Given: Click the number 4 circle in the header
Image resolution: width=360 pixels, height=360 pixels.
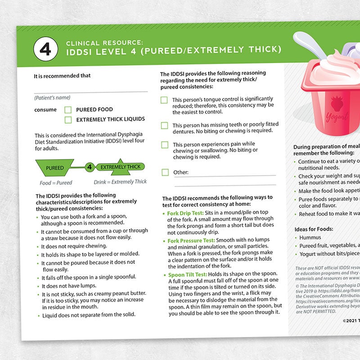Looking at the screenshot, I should [45, 49].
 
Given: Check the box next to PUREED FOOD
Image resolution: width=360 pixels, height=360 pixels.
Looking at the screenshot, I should [68, 109].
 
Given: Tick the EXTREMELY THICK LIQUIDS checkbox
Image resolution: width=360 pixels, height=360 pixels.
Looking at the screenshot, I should [68, 120].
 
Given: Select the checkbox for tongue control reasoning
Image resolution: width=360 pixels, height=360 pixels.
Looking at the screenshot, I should [165, 100].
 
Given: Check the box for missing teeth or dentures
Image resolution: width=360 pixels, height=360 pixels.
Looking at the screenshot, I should [165, 126].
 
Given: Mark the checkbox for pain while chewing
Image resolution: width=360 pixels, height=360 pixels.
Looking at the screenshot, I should [165, 145].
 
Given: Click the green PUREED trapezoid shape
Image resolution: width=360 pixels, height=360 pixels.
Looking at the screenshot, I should [54, 168].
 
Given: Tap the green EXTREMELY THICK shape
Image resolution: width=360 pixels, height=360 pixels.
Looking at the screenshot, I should [120, 166].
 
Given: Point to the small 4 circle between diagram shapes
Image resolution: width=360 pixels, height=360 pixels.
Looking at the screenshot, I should [89, 167].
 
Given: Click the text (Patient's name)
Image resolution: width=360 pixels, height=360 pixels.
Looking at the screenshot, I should [52, 98].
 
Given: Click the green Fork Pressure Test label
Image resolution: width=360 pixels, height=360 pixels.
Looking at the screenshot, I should [191, 241].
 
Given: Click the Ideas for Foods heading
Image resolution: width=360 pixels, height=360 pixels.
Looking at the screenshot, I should [314, 229].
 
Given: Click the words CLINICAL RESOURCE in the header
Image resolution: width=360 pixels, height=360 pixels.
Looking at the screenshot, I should [104, 43].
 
